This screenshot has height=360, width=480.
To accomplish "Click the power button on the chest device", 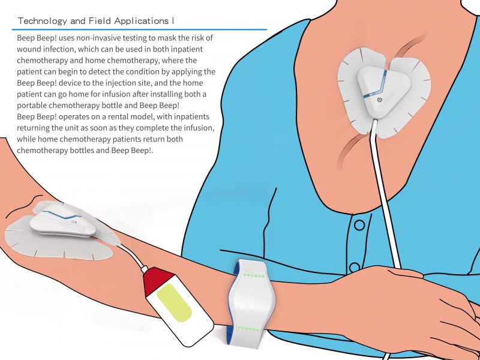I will (379, 99).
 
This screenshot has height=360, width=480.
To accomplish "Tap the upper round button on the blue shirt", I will (359, 225).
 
